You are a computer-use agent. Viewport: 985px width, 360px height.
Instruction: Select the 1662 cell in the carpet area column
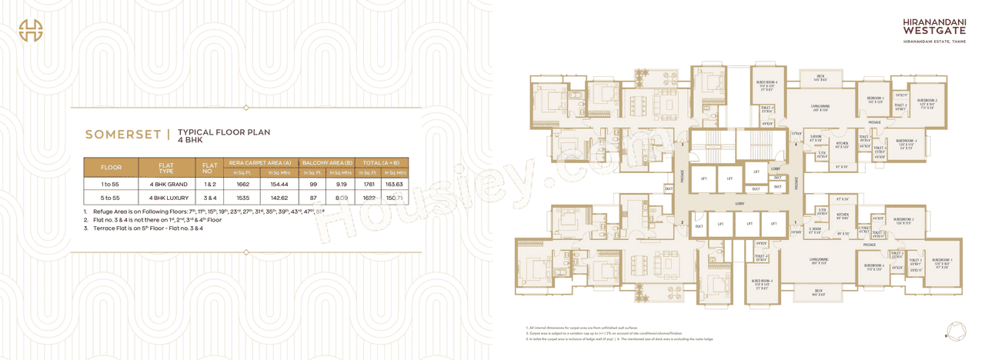click(x=243, y=185)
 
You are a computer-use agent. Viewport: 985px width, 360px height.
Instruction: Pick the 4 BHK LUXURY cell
click(x=165, y=198)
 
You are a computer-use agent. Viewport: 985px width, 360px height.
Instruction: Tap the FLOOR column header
click(x=111, y=167)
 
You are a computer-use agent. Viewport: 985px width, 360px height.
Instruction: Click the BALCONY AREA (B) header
click(x=327, y=162)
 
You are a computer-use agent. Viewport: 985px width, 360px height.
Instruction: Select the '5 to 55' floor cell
click(x=111, y=198)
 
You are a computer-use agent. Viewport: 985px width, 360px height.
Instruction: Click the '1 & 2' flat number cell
click(x=209, y=185)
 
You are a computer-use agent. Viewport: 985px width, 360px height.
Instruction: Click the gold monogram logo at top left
click(x=31, y=29)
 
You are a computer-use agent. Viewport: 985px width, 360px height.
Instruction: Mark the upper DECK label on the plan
click(x=820, y=76)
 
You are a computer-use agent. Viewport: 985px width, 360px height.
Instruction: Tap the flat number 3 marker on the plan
click(x=682, y=144)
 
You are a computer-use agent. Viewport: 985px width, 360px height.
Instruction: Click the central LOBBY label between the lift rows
click(x=739, y=204)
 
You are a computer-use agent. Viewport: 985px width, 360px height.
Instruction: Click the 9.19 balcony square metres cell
click(x=341, y=185)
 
